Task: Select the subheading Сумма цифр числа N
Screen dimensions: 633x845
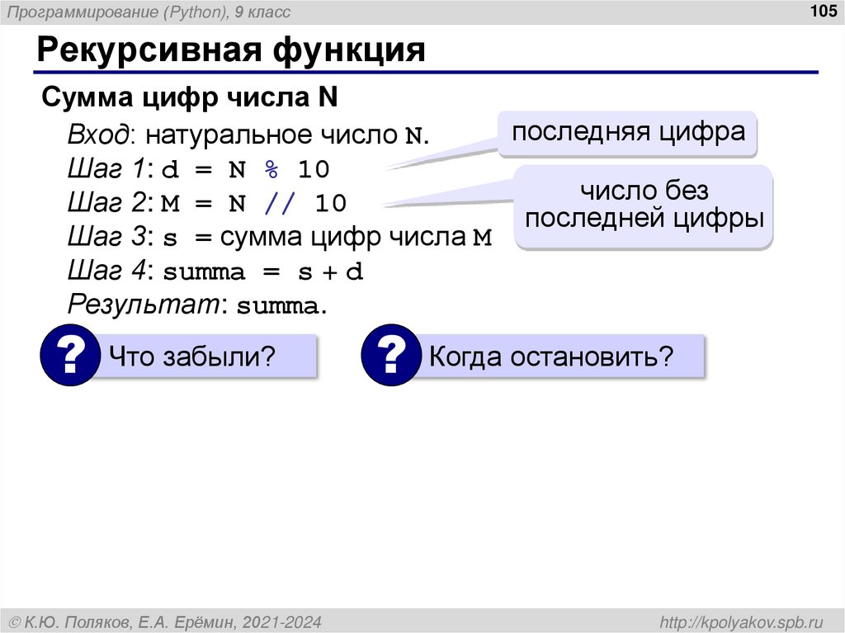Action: coord(190,98)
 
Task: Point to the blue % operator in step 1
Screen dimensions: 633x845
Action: coord(271,169)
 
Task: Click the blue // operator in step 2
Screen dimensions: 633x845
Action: coord(277,203)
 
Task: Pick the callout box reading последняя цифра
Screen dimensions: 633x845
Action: coord(628,132)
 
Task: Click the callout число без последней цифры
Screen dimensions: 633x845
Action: coord(644,205)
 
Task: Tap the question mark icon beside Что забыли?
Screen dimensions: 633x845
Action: coord(70,357)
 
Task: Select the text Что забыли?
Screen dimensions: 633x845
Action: coord(191,357)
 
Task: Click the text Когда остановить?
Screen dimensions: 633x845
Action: coord(551,357)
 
